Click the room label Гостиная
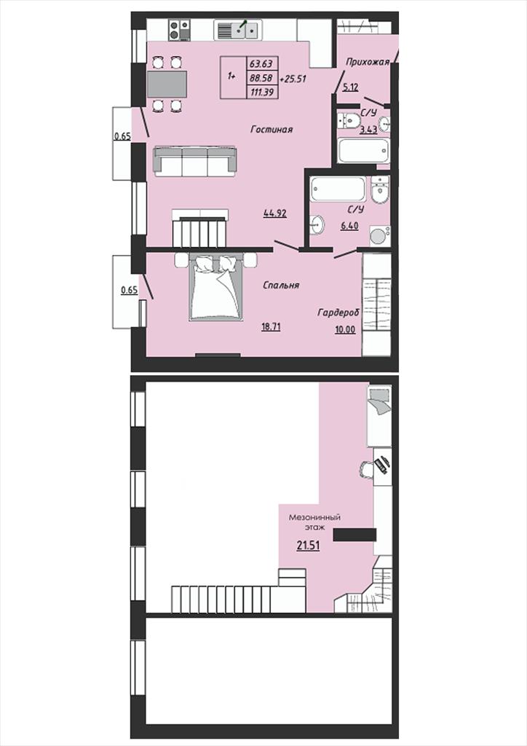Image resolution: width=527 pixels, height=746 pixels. (x=272, y=130)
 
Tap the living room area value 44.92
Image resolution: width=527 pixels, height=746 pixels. (x=275, y=213)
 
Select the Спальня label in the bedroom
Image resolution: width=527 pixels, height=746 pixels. (x=281, y=285)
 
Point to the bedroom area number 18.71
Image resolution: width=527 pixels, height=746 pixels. (x=271, y=326)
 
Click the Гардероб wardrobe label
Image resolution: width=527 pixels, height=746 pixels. (x=338, y=313)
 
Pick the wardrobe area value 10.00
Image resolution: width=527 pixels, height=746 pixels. (x=345, y=329)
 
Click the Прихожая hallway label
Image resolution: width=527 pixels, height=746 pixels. (x=368, y=62)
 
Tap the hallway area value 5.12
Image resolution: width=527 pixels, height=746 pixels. (x=350, y=87)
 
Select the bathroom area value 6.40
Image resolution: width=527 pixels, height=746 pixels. (x=349, y=227)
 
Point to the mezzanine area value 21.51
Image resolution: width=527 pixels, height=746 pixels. (x=308, y=546)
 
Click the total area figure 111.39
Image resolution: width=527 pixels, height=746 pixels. (x=262, y=93)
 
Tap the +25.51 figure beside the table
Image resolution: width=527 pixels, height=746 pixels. (x=293, y=79)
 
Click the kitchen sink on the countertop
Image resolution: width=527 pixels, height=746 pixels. (x=237, y=30)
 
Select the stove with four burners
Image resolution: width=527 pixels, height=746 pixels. (x=180, y=30)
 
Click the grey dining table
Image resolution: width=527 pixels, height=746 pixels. (x=167, y=85)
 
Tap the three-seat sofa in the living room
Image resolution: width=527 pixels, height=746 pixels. (x=194, y=161)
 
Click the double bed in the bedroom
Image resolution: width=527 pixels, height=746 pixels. (x=215, y=287)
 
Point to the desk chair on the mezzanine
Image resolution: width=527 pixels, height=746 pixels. (x=366, y=470)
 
